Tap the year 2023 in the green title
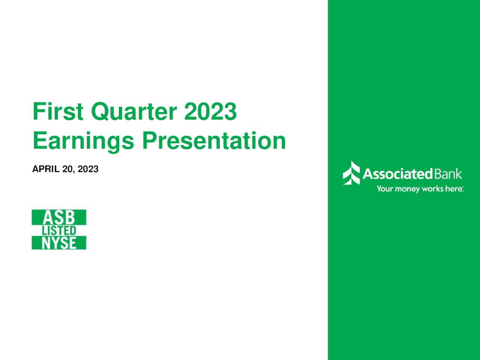tap(210, 112)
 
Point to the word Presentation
tap(213, 141)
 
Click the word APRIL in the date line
tap(46, 169)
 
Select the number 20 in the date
tap(67, 169)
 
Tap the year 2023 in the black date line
tap(88, 169)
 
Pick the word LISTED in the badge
tap(59, 231)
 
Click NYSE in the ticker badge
tap(59, 243)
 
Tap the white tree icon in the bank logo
tap(351, 173)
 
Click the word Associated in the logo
tap(397, 174)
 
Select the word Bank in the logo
tap(448, 174)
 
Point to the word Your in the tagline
tap(385, 189)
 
